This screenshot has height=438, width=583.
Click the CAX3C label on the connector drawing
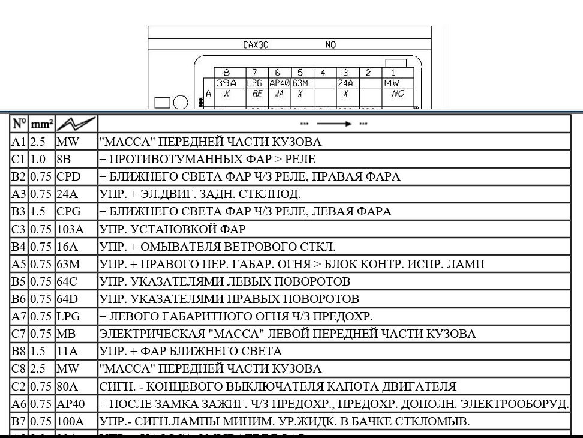(x=256, y=45)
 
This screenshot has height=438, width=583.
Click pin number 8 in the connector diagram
(x=226, y=73)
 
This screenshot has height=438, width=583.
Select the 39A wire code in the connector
(x=226, y=83)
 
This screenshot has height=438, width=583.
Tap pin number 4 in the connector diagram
(x=323, y=73)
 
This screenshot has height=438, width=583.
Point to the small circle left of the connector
(x=181, y=103)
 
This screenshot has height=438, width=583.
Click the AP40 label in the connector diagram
(x=279, y=83)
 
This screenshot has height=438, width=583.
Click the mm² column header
(x=41, y=124)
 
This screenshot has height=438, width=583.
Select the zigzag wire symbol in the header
(x=76, y=124)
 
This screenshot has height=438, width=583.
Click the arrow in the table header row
(x=334, y=124)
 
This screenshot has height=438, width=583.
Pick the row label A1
(x=19, y=142)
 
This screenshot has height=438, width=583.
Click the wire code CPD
(x=68, y=177)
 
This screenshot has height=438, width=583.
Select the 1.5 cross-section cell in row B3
(x=38, y=212)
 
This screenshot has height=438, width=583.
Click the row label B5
(x=19, y=281)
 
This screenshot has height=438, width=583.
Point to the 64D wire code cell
(x=67, y=299)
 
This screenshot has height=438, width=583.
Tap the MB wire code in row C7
(x=65, y=334)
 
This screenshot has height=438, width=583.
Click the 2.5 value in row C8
(x=38, y=368)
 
